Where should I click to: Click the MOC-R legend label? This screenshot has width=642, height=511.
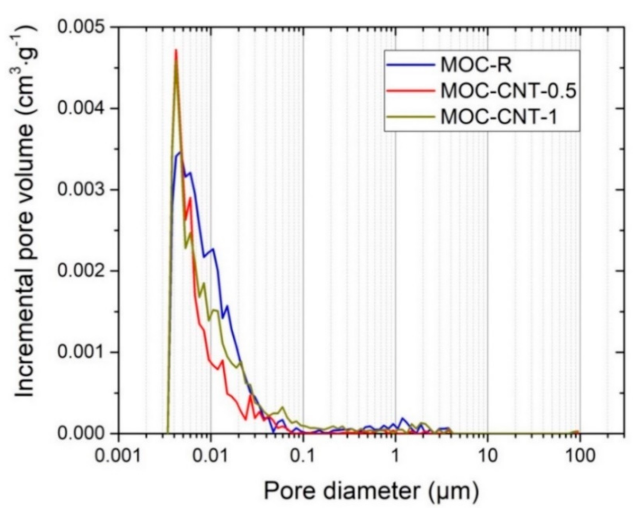pyautogui.click(x=476, y=65)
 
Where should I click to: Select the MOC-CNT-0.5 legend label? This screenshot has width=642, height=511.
pyautogui.click(x=508, y=91)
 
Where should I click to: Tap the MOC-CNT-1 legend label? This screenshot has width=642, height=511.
pyautogui.click(x=499, y=117)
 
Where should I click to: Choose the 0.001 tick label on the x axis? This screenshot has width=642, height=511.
pyautogui.click(x=119, y=455)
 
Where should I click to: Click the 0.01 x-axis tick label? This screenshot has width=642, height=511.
pyautogui.click(x=211, y=455)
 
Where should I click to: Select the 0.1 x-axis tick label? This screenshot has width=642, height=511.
pyautogui.click(x=304, y=455)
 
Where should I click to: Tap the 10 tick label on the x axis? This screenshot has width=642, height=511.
pyautogui.click(x=488, y=455)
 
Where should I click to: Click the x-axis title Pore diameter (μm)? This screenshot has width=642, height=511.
pyautogui.click(x=371, y=491)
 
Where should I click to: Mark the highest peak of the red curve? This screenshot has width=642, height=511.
pyautogui.click(x=176, y=50)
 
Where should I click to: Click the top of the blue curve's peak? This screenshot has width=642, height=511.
pyautogui.click(x=180, y=153)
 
